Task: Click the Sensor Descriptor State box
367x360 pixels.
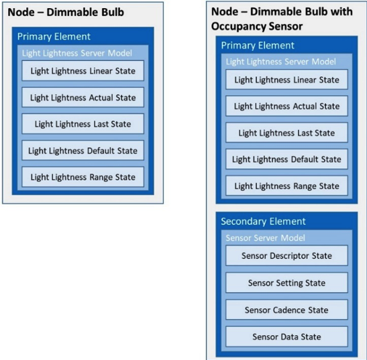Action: tap(286, 255)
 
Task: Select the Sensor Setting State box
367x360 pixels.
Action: tap(286, 283)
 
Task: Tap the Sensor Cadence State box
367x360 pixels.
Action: tap(286, 310)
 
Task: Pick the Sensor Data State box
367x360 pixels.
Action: tap(286, 337)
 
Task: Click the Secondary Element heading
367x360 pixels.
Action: tap(263, 221)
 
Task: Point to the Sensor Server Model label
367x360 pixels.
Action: tap(265, 237)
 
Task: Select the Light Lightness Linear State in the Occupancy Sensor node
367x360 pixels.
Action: tap(286, 80)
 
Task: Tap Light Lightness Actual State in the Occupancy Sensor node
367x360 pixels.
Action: tap(286, 106)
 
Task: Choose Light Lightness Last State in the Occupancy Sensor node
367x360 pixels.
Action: tap(286, 133)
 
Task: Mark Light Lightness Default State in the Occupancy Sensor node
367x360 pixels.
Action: tap(286, 160)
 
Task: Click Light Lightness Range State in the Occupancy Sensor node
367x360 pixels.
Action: tap(286, 186)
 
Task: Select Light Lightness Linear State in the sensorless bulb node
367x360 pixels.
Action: tap(83, 71)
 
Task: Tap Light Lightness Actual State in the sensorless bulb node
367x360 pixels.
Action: tap(83, 97)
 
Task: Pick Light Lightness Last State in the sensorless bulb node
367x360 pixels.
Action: tap(83, 124)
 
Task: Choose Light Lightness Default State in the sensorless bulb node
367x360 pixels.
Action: tap(83, 151)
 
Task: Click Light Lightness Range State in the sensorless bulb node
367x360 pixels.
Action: tap(83, 177)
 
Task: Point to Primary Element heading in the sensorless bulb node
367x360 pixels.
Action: tap(54, 36)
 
